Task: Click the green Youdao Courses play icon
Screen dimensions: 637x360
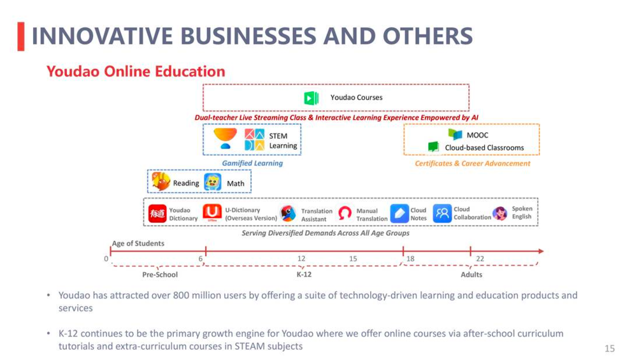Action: pyautogui.click(x=311, y=97)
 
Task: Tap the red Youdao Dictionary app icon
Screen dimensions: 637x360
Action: pyautogui.click(x=157, y=213)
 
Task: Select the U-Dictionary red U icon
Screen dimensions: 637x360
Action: pyautogui.click(x=212, y=213)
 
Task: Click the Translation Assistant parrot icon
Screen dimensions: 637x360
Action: pyautogui.click(x=288, y=213)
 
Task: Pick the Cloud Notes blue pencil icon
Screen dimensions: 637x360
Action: pyautogui.click(x=399, y=213)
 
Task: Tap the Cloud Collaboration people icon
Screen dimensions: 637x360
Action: pyautogui.click(x=442, y=213)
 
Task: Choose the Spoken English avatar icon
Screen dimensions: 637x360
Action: pyautogui.click(x=499, y=213)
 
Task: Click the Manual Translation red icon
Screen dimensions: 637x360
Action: pyautogui.click(x=345, y=213)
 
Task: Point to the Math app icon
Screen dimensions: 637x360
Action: pyautogui.click(x=213, y=182)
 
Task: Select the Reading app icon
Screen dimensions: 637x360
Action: pyautogui.click(x=161, y=181)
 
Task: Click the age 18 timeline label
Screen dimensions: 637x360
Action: pyautogui.click(x=410, y=259)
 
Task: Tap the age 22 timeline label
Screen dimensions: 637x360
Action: pyautogui.click(x=480, y=259)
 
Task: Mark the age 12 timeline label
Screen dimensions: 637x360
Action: pyautogui.click(x=301, y=259)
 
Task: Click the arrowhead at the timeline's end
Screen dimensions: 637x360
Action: pyautogui.click(x=541, y=251)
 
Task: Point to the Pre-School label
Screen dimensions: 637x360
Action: pyautogui.click(x=160, y=275)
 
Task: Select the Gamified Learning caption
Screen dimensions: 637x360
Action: pyautogui.click(x=252, y=163)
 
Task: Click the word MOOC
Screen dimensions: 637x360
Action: pyautogui.click(x=477, y=135)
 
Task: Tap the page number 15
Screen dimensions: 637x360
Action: pyautogui.click(x=610, y=349)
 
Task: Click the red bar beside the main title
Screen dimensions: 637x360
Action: pyautogui.click(x=21, y=36)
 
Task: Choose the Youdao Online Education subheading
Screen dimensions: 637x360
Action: pyautogui.click(x=136, y=71)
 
